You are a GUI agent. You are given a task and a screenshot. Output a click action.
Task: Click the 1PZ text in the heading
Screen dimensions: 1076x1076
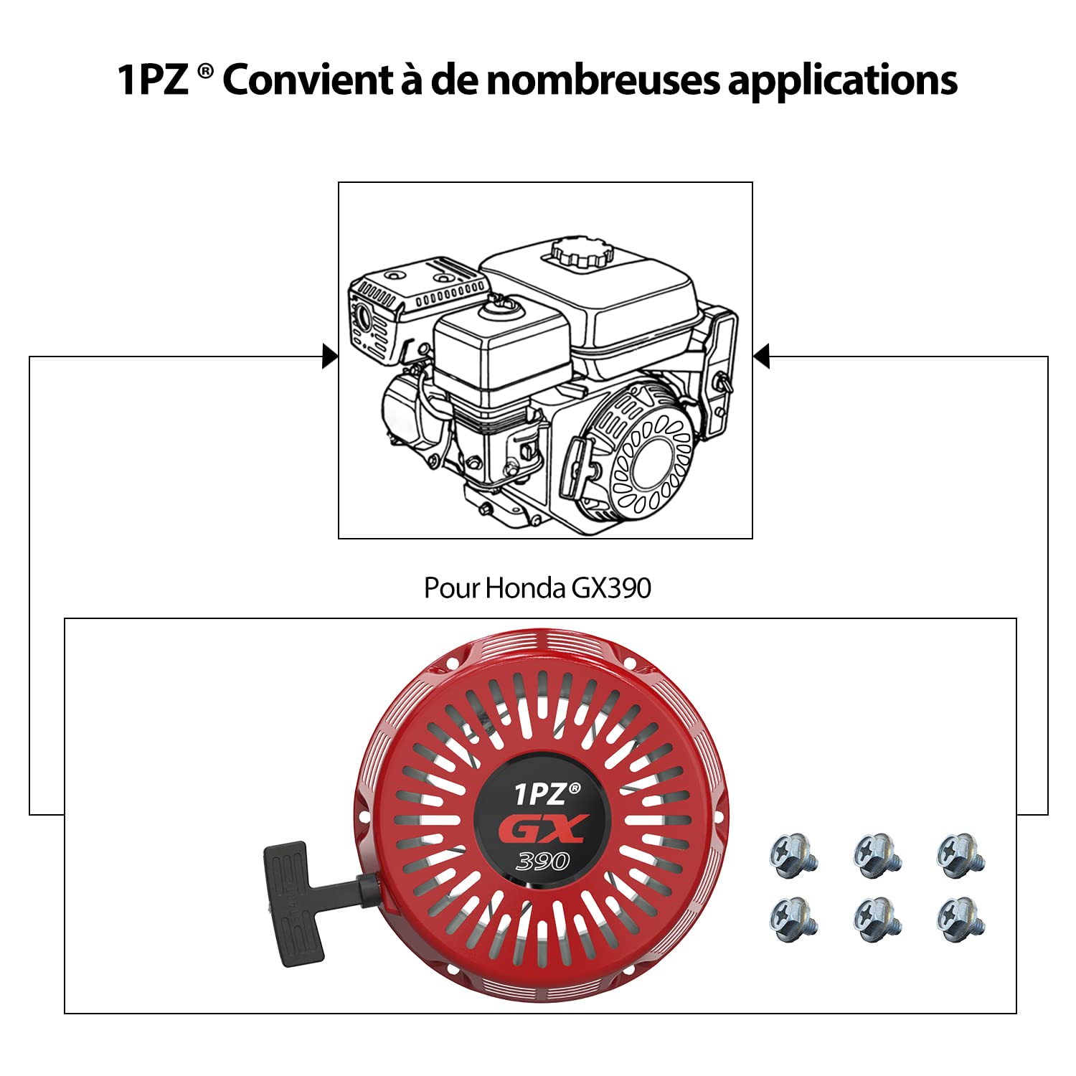pos(152,80)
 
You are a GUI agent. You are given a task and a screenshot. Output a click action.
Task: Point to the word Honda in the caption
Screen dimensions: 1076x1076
pos(525,588)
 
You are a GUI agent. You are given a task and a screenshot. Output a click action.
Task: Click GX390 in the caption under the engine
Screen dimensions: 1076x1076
pos(611,588)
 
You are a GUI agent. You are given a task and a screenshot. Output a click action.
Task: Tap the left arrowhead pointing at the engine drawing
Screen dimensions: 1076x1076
pos(329,357)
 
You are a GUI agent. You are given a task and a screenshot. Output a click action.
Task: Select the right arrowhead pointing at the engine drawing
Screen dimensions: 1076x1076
pos(762,357)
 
